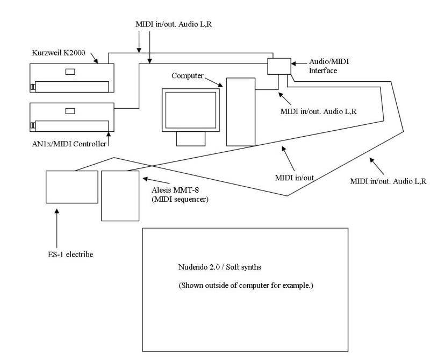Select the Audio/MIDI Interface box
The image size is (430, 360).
pos(278,66)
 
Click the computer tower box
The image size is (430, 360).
pos(240,111)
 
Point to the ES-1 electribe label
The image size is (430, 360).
pos(69,253)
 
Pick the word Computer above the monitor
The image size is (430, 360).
pos(188,76)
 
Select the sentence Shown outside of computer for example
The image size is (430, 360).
pos(246,285)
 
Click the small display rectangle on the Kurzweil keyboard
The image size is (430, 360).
pos(70,71)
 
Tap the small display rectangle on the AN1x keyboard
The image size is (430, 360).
pos(70,111)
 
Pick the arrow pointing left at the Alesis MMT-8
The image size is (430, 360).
pos(151,178)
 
